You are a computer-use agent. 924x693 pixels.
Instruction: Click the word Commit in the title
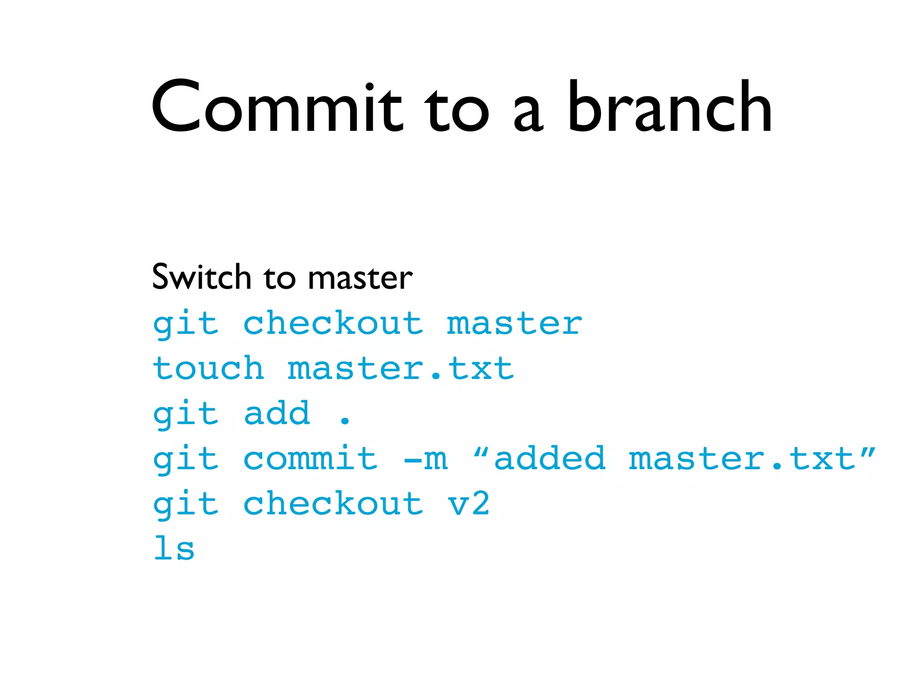[x=276, y=107]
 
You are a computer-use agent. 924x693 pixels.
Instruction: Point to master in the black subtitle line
[x=360, y=278]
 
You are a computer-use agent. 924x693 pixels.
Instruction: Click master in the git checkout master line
[x=514, y=323]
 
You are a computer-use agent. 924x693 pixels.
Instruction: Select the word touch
[x=208, y=369]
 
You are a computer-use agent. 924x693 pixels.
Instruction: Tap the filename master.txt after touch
[x=401, y=369]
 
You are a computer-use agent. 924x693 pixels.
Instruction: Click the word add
[x=277, y=413]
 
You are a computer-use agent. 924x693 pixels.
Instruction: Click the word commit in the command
[x=310, y=459]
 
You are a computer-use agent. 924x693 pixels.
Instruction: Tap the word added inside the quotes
[x=550, y=459]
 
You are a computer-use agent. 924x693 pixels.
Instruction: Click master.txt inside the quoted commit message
[x=742, y=459]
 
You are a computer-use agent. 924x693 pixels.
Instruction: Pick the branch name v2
[x=469, y=504]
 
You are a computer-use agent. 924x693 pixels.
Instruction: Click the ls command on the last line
[x=174, y=549]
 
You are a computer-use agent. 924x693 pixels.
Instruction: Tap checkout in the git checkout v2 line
[x=333, y=504]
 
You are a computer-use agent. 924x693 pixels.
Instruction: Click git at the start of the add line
[x=186, y=414]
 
